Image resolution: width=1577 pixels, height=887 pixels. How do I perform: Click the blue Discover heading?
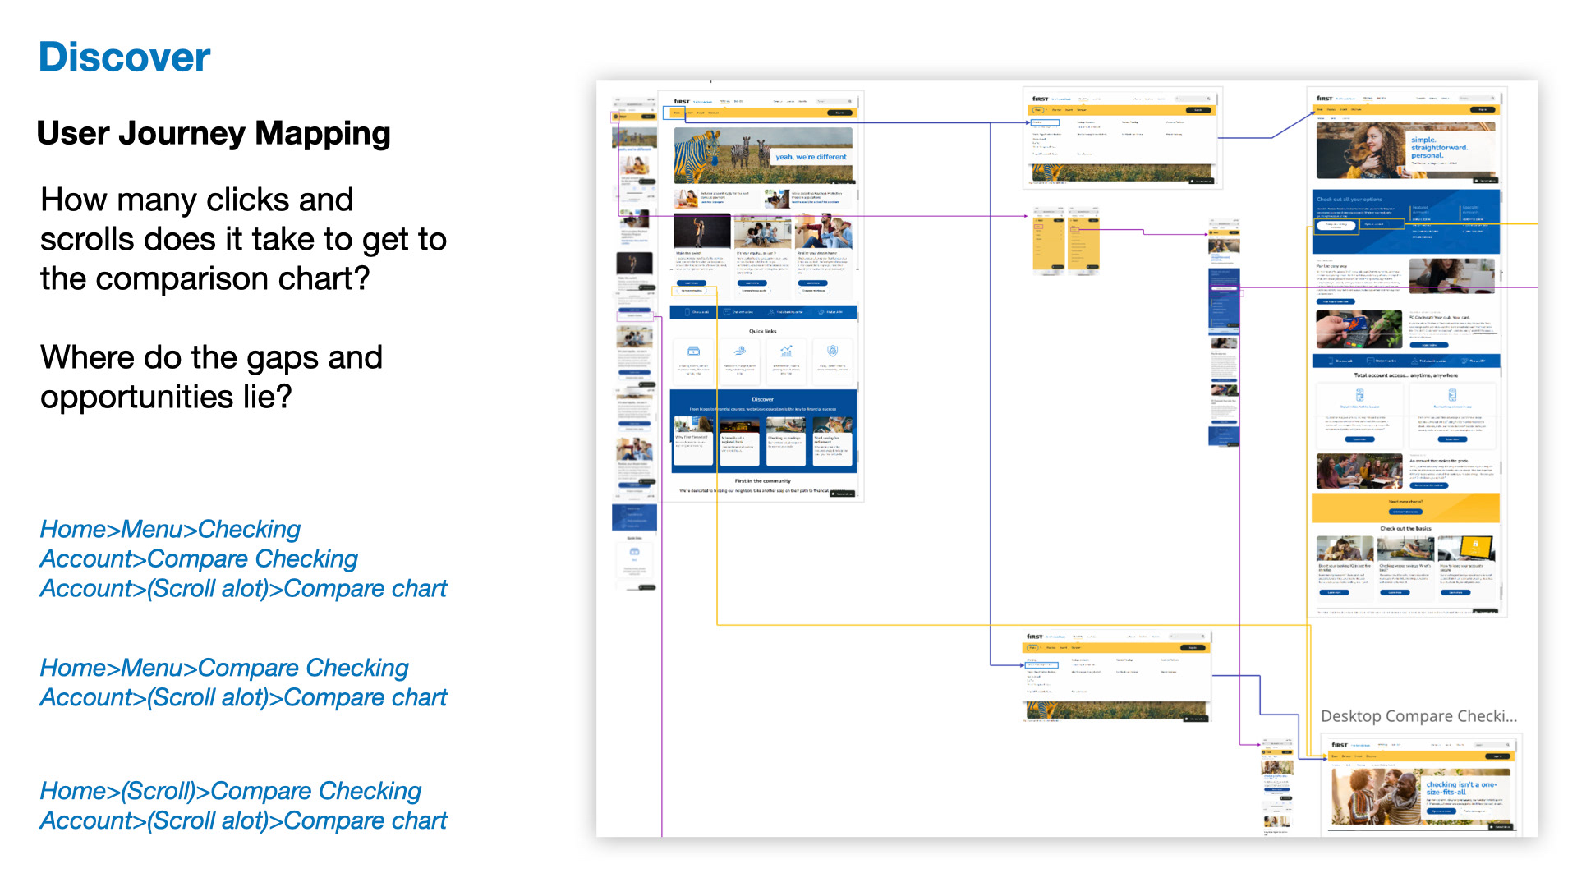click(124, 57)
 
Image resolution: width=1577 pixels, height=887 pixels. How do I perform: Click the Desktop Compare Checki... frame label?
click(1418, 716)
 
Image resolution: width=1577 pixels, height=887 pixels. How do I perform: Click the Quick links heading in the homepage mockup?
click(762, 332)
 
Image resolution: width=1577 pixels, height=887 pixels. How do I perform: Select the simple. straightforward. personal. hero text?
click(1438, 148)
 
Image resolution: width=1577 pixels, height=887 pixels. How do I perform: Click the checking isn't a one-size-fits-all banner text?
click(1462, 788)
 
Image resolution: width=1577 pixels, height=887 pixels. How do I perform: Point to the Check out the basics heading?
click(1405, 529)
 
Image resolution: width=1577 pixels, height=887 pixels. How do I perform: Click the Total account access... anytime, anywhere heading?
click(1405, 375)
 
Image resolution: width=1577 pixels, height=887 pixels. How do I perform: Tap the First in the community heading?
click(762, 481)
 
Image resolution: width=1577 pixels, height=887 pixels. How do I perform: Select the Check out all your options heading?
click(1349, 200)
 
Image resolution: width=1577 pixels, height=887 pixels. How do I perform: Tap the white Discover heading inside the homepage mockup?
click(762, 399)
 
